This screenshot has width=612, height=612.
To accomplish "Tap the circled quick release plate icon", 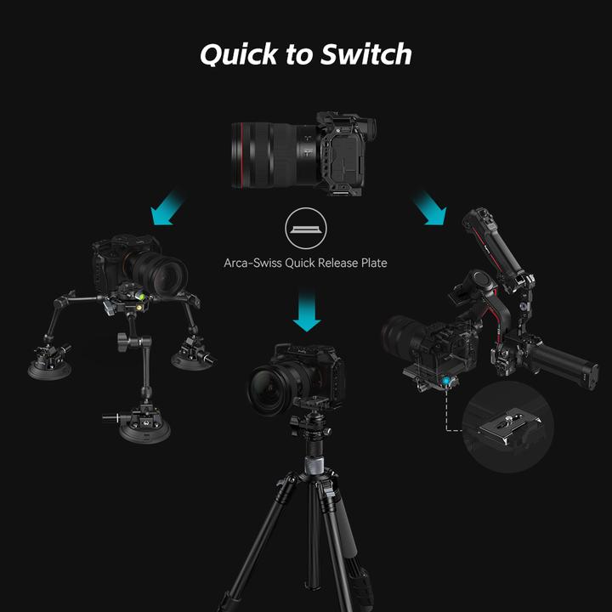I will [305, 230].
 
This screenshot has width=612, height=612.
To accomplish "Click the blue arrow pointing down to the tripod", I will [305, 309].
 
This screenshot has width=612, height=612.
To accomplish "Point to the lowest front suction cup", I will [144, 428].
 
